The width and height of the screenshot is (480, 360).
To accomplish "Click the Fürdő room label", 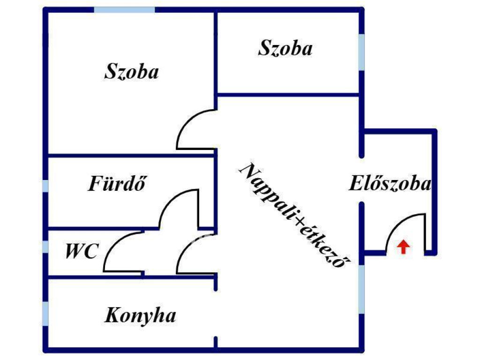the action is (x=117, y=183).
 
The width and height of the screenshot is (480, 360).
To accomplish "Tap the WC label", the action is (x=82, y=251).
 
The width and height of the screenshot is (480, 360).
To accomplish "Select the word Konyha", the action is (x=141, y=315).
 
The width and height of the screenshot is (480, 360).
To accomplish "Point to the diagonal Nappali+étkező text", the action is (x=295, y=215).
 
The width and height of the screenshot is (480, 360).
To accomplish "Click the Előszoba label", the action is (x=390, y=183).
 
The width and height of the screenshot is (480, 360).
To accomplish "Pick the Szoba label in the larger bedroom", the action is (x=132, y=71).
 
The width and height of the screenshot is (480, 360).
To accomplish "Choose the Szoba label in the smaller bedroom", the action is (x=285, y=48).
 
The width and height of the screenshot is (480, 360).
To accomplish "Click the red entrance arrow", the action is (x=404, y=247).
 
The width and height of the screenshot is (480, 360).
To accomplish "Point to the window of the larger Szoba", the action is (x=124, y=10).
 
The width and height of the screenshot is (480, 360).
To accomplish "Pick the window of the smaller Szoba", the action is (x=361, y=52).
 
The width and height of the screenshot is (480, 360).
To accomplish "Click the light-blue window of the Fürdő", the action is (x=45, y=186).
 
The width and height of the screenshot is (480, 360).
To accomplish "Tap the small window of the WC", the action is (x=45, y=247).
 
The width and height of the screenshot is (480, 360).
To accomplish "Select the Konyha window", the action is (x=45, y=314).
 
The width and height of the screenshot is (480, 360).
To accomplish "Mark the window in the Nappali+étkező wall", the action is (x=361, y=289).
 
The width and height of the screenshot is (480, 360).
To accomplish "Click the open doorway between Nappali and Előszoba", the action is (x=361, y=180).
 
